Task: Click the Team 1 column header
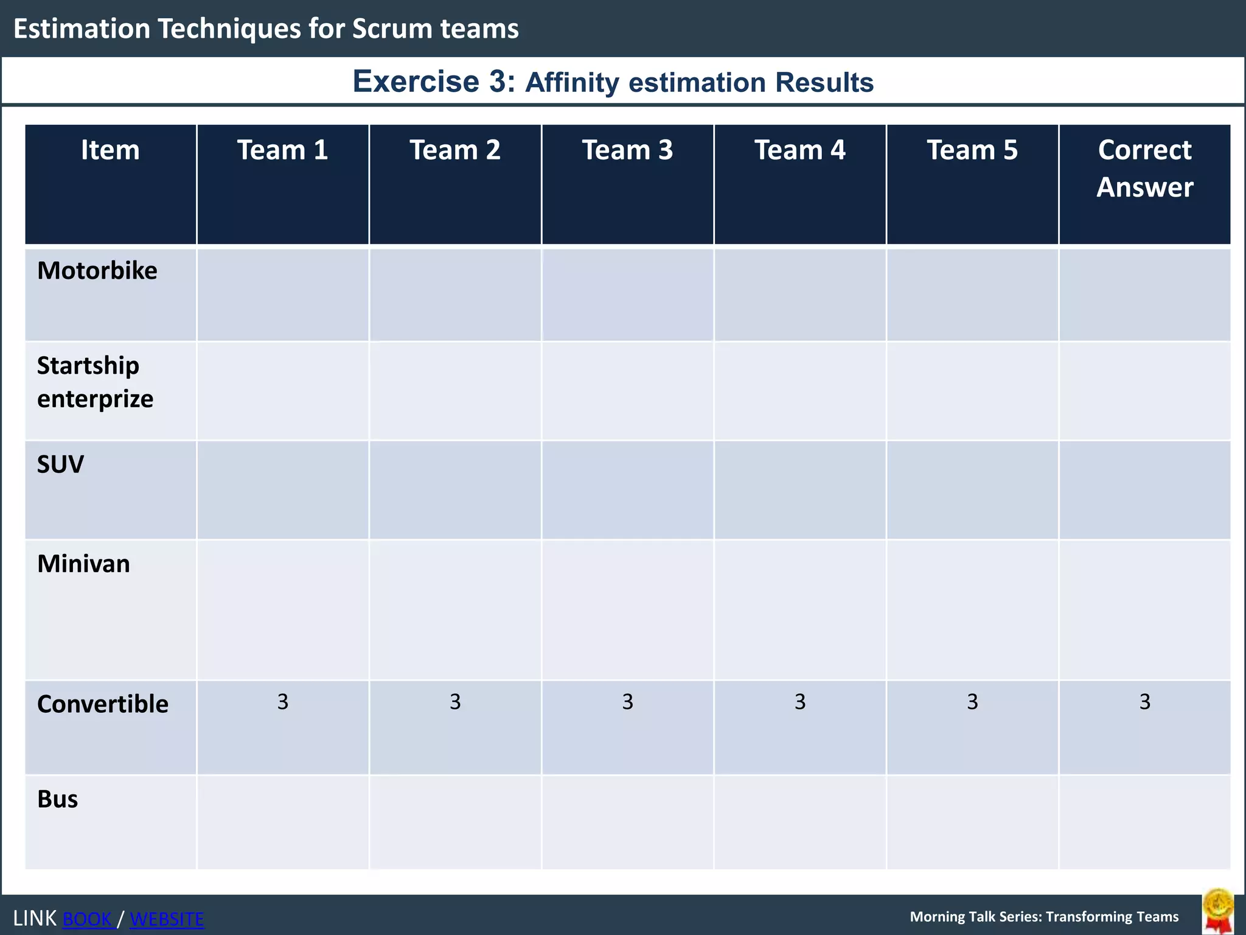(x=282, y=150)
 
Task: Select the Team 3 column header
(x=627, y=150)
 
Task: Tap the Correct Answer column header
(x=1144, y=169)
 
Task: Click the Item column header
(x=110, y=150)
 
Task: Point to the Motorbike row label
(x=97, y=271)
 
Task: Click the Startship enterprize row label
(x=95, y=382)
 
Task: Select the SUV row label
(x=60, y=465)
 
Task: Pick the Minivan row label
(x=83, y=564)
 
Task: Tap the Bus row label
(x=57, y=799)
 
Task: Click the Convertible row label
(x=102, y=704)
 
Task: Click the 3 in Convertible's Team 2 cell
(x=455, y=702)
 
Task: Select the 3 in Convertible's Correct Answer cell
(x=1144, y=702)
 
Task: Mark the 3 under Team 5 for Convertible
(x=972, y=702)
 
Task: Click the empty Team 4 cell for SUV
(x=800, y=490)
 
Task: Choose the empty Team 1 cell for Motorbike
(x=282, y=295)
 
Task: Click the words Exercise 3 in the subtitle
(x=433, y=82)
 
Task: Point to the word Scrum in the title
(x=392, y=29)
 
